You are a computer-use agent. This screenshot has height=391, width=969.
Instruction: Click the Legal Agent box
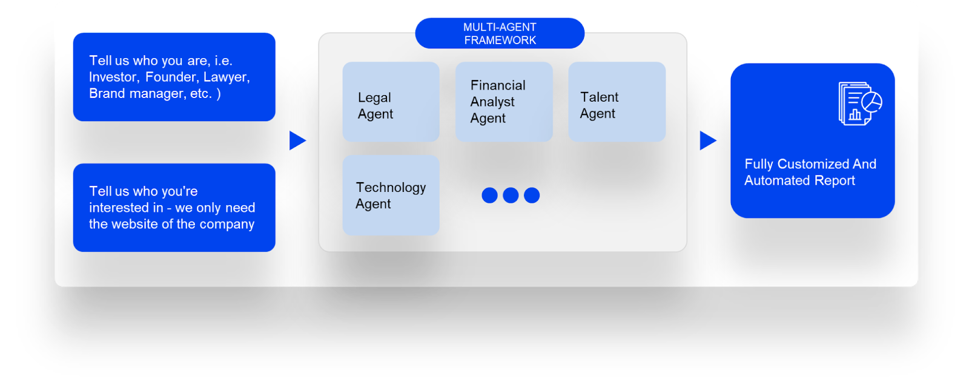coord(391,102)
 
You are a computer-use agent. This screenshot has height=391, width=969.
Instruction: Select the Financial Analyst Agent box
coord(504,102)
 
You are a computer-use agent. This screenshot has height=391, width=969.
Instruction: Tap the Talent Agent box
coord(617,102)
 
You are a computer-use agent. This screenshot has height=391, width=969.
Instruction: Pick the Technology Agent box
coord(391,195)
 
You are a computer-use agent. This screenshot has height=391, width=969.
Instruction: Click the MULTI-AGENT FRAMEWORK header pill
coord(500,33)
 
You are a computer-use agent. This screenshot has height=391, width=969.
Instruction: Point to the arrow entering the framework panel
coord(297,140)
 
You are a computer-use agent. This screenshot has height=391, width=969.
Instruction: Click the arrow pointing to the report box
coord(707,140)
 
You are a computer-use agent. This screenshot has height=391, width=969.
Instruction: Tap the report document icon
coord(859,103)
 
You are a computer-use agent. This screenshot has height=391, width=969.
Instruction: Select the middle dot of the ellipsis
coord(511,195)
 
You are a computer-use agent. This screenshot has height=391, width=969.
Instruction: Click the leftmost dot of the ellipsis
coord(489,195)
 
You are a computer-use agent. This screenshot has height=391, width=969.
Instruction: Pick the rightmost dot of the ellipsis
coord(532,195)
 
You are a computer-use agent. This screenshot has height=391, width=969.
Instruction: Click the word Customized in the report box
coord(813,164)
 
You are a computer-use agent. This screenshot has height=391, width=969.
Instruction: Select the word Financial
coord(498,85)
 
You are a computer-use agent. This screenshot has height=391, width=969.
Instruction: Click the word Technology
coord(391,188)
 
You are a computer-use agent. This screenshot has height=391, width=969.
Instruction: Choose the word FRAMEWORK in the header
coord(500,41)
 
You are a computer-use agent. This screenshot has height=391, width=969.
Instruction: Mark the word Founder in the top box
coord(171,77)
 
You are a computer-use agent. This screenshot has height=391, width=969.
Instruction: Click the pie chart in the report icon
coord(872,102)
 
